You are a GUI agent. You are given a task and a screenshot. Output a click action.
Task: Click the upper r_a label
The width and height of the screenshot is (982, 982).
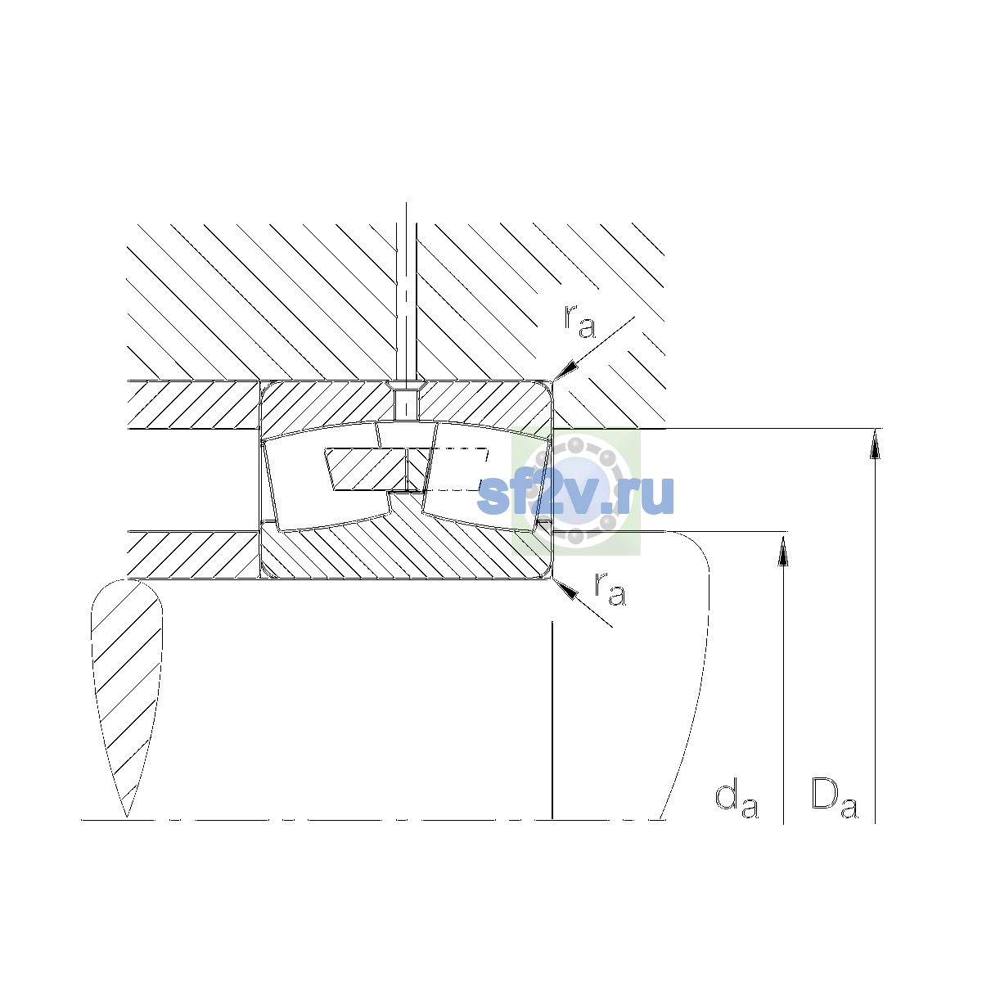(x=579, y=322)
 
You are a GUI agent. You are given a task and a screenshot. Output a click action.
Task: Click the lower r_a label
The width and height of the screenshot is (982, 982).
(x=610, y=589)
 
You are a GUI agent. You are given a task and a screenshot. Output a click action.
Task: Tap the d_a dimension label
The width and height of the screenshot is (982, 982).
(x=736, y=800)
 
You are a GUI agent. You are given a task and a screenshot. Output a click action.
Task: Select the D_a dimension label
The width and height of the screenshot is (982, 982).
(x=834, y=799)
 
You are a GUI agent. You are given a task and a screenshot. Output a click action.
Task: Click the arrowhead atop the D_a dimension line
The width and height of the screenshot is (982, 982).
(x=875, y=444)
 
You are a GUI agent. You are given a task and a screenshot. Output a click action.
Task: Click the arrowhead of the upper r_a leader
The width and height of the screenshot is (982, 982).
(x=566, y=371)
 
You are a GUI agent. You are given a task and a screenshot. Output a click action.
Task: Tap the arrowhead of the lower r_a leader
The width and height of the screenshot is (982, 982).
(x=565, y=588)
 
